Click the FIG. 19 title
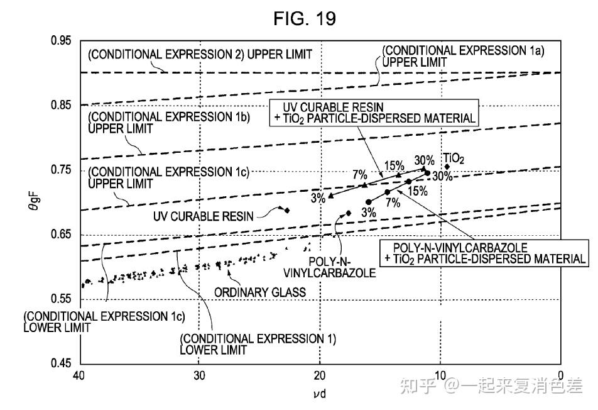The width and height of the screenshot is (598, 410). click(x=305, y=18)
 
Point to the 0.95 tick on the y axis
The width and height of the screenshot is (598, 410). click(x=61, y=40)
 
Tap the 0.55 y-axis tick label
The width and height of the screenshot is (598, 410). click(x=61, y=299)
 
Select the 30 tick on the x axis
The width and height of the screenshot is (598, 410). click(x=199, y=375)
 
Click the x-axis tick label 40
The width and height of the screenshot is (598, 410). click(x=79, y=375)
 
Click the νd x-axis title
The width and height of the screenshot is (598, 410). click(x=320, y=393)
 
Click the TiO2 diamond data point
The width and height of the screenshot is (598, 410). click(x=447, y=167)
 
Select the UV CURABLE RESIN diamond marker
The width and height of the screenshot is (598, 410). click(x=287, y=210)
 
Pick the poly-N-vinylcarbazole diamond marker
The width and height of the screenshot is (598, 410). click(x=348, y=213)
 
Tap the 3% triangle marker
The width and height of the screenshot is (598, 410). click(x=330, y=196)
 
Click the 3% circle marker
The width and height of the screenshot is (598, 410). click(x=368, y=202)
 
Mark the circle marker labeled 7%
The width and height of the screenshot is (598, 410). click(x=388, y=192)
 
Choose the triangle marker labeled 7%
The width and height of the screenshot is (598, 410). click(x=364, y=185)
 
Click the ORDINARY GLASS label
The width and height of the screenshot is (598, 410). click(x=260, y=292)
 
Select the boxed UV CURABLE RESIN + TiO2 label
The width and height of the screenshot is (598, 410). click(x=374, y=113)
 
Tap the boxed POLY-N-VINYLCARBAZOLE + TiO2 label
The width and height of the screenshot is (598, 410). click(x=484, y=253)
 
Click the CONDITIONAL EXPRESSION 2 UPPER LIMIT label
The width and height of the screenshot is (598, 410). click(x=200, y=55)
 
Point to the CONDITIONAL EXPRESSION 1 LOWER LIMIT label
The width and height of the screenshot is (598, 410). click(x=258, y=344)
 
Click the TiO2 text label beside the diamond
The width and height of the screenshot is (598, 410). click(x=454, y=158)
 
